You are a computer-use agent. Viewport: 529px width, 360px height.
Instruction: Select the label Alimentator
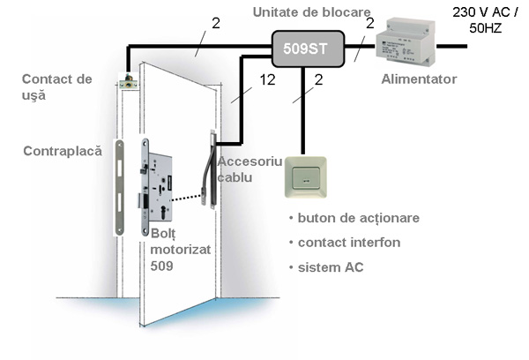pos(419,79)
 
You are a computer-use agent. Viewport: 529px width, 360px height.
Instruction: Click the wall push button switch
pos(306,181)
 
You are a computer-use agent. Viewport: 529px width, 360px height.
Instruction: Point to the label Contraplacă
pos(63,151)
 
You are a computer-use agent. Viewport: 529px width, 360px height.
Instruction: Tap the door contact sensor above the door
pos(130,83)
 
